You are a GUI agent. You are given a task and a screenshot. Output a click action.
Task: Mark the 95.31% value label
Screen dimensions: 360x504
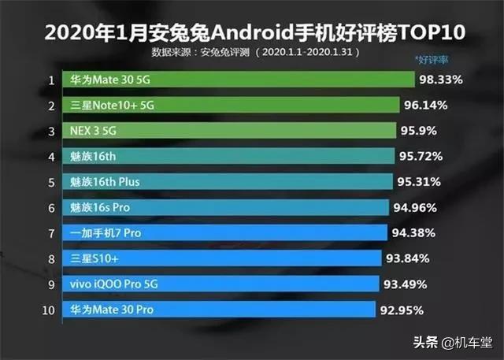(x=421, y=182)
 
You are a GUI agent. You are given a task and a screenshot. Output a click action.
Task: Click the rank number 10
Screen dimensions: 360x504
(x=50, y=310)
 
